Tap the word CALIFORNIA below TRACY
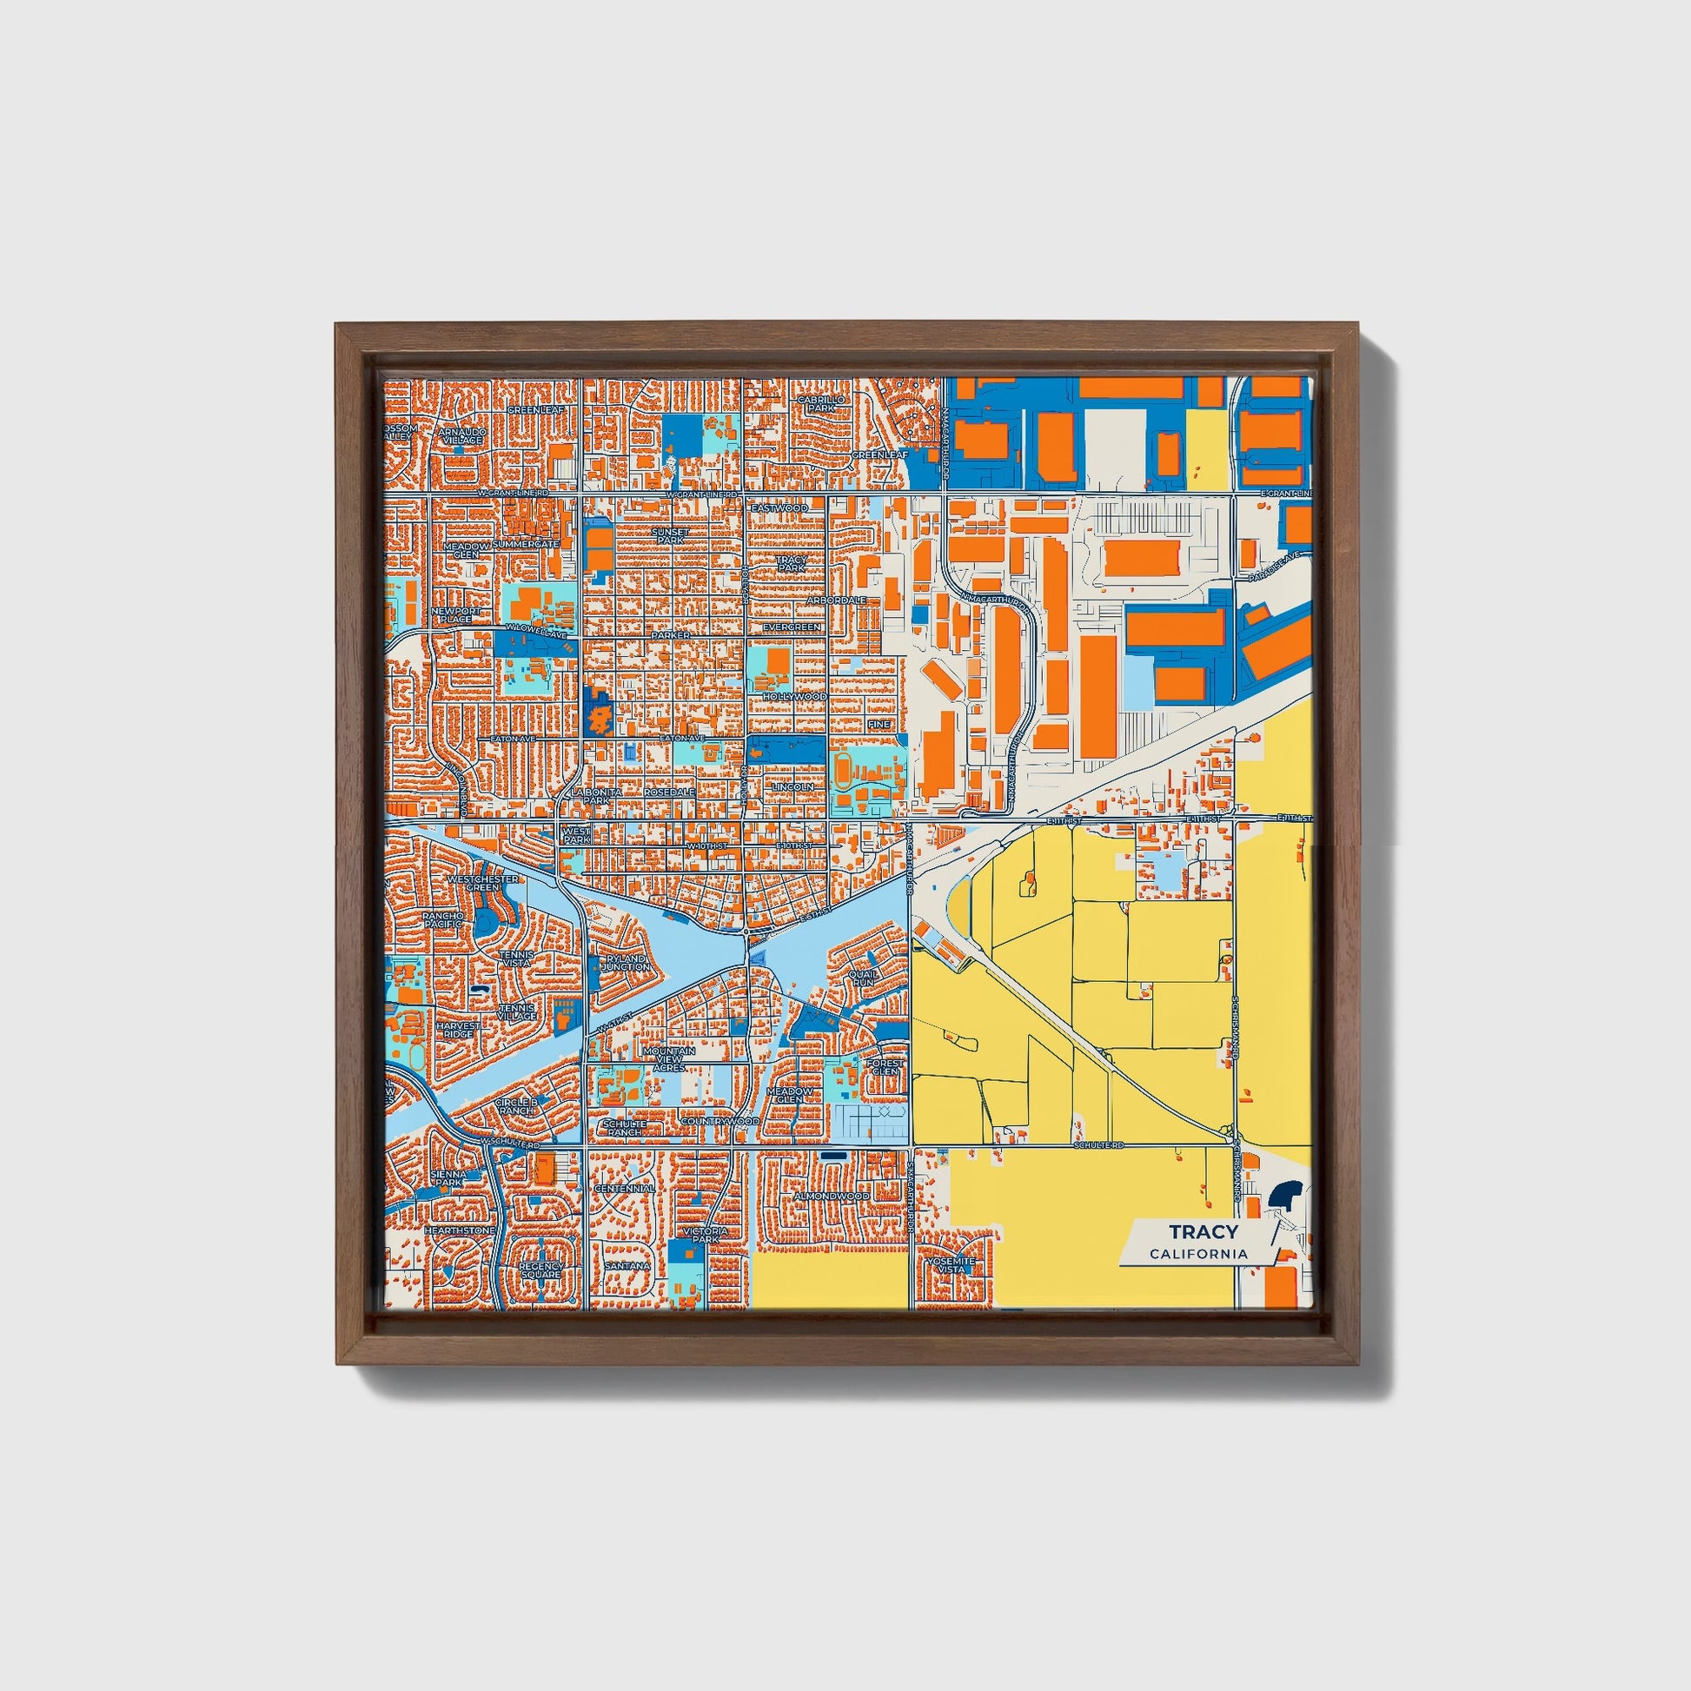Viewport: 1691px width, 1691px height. pos(1199,1254)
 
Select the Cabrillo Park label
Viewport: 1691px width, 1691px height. pos(821,403)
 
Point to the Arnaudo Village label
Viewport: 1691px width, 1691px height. pos(461,436)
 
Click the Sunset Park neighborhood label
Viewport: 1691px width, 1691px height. pos(671,535)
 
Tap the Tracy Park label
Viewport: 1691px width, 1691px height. pos(791,564)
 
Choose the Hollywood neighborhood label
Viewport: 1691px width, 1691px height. pos(794,697)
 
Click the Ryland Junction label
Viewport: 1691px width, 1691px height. pos(626,963)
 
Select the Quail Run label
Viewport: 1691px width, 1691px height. pos(862,978)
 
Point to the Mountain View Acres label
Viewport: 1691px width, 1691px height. pos(669,1059)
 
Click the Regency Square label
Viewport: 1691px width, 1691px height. pos(540,1270)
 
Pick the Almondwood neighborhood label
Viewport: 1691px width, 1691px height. pos(832,1196)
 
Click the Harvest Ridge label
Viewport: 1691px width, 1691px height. pos(459,1030)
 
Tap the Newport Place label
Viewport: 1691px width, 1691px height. pos(456,614)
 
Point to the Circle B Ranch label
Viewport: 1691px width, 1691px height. pos(515,1106)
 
